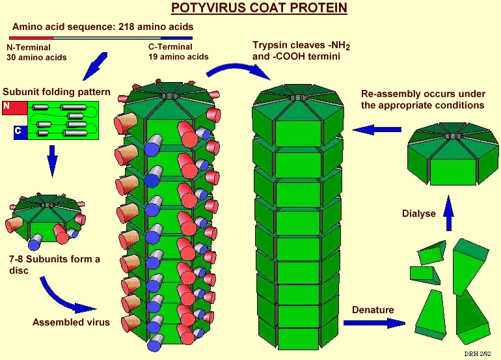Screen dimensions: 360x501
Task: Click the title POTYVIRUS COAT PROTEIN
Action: (259, 8)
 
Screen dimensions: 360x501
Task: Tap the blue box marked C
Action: (20, 133)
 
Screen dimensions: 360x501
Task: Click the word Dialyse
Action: (418, 213)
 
